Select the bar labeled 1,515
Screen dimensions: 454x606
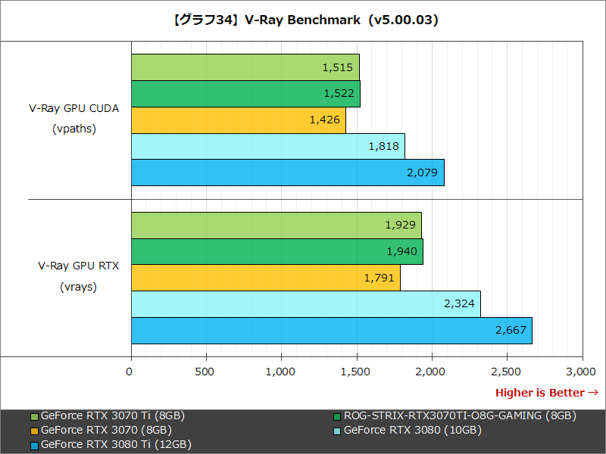coord(245,67)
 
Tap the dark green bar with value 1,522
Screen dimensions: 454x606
coord(245,93)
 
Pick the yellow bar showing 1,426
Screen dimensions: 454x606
coord(238,120)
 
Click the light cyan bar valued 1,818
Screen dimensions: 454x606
coord(267,146)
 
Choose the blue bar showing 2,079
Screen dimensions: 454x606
coord(287,173)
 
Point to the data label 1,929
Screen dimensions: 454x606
coord(401,225)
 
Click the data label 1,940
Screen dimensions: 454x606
coord(401,252)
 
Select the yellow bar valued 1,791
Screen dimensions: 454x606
coord(265,278)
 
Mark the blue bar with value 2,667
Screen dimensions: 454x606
coord(331,331)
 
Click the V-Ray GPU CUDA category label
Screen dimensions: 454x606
coord(73,108)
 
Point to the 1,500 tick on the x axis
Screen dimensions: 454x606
coord(355,372)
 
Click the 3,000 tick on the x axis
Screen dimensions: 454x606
coord(581,372)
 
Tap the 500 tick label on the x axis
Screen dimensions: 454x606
coord(205,372)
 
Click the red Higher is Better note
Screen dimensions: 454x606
coord(546,393)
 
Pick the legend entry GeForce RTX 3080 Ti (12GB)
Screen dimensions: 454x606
coord(116,444)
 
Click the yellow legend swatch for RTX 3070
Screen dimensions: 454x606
coord(35,431)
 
